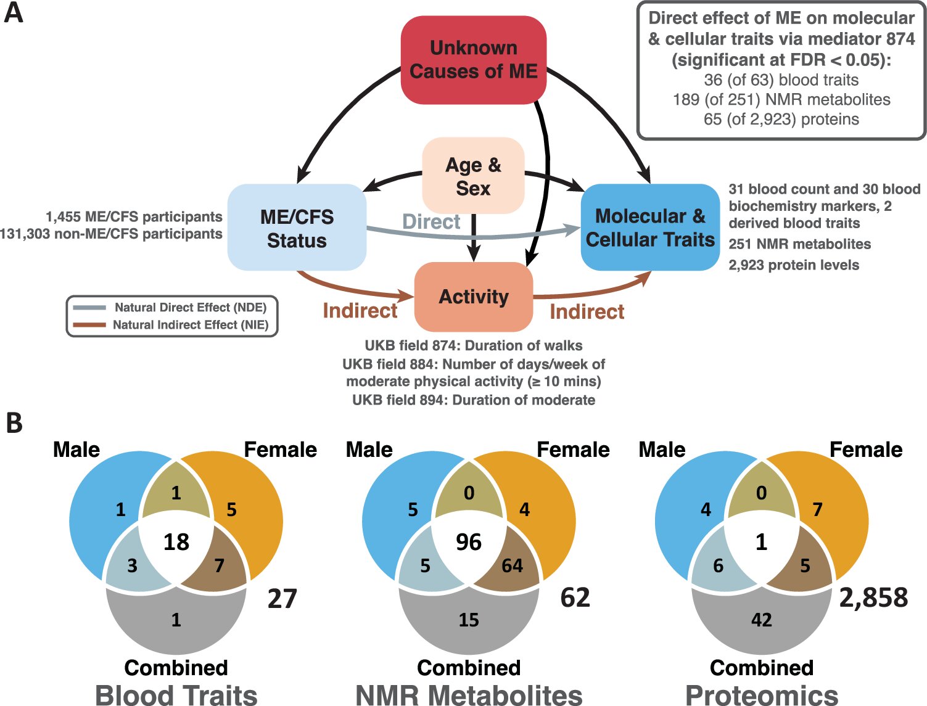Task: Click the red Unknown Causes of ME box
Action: coord(473,60)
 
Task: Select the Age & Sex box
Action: coord(473,176)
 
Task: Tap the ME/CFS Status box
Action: coord(297,228)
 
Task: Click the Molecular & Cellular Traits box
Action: coord(650,227)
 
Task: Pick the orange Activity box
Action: coord(473,297)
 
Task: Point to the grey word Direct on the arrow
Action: coord(431,222)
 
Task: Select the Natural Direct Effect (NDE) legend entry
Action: coord(190,307)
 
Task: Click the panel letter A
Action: coord(14,13)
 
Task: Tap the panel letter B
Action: coord(14,423)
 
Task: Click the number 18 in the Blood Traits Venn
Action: coord(176,542)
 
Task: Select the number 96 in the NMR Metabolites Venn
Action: coord(469,542)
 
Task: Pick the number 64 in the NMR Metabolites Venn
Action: coord(512,565)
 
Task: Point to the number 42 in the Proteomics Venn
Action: coord(761,620)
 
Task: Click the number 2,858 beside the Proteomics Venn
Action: coord(873,597)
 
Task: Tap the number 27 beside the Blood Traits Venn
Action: coord(282,599)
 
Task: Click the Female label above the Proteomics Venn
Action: coord(865,449)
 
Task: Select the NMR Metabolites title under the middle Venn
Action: coord(469,695)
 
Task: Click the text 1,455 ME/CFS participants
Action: coord(134,217)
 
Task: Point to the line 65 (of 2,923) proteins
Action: coord(781,119)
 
